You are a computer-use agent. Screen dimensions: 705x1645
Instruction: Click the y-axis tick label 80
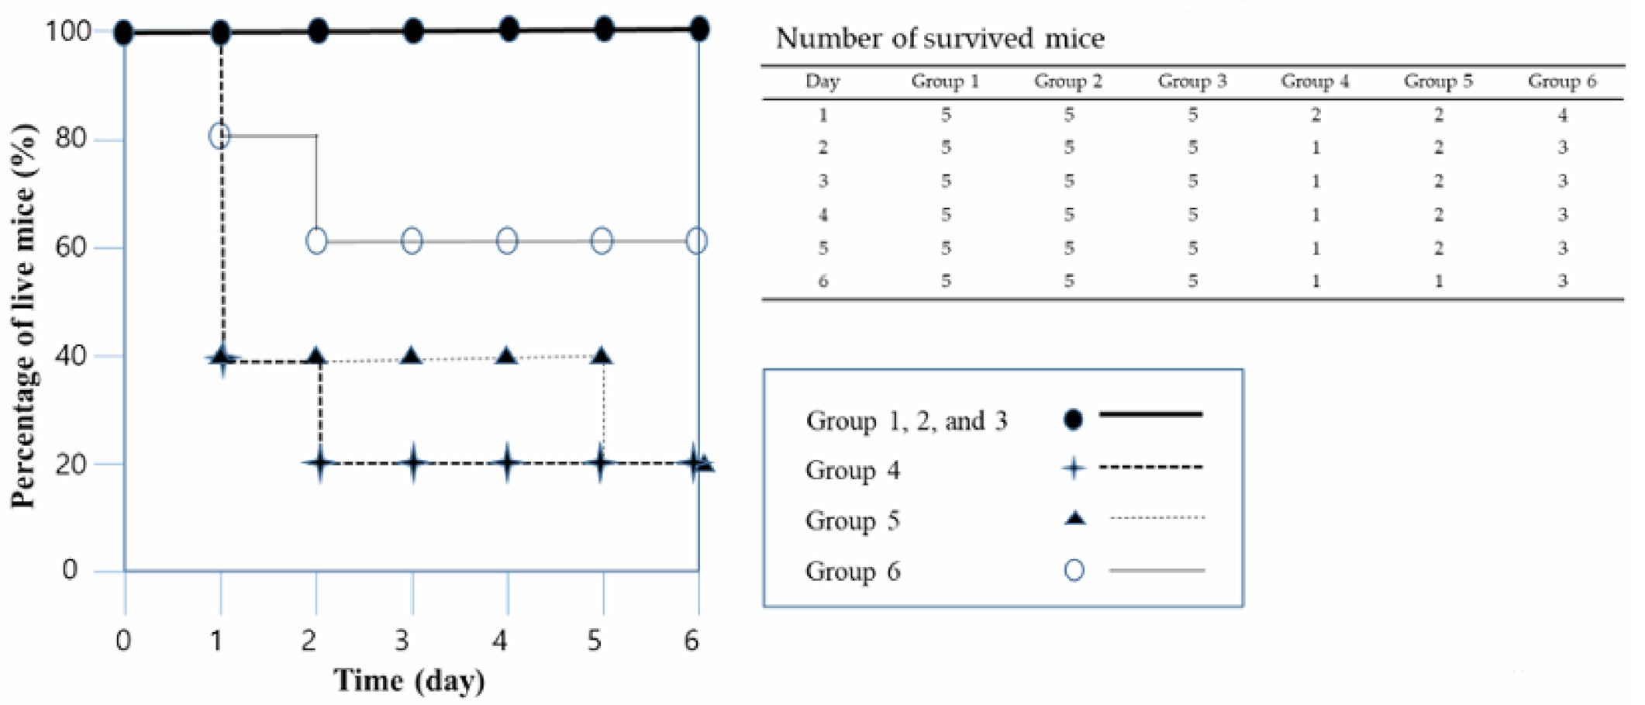click(x=71, y=139)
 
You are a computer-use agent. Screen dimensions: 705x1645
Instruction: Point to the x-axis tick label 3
click(x=402, y=641)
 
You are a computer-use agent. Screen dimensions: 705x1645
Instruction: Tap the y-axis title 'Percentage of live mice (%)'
click(x=23, y=316)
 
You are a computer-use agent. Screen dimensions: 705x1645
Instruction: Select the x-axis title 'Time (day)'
click(x=409, y=681)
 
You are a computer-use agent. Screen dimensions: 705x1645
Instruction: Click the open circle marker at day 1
click(x=220, y=136)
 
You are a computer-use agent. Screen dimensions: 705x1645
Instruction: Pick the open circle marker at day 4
click(x=507, y=241)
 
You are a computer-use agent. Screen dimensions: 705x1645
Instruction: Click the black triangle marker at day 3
click(x=412, y=357)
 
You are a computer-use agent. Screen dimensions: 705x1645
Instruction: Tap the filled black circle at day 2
click(x=318, y=32)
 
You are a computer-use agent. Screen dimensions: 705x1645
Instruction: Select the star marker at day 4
click(x=507, y=464)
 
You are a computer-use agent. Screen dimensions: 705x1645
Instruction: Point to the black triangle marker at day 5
click(x=602, y=357)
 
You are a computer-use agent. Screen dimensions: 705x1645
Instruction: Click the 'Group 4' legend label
click(x=853, y=470)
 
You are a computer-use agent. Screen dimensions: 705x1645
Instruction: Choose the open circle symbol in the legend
click(x=1074, y=571)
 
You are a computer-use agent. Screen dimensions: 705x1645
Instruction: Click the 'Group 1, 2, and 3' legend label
click(x=906, y=421)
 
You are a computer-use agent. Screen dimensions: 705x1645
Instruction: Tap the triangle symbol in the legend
click(x=1074, y=519)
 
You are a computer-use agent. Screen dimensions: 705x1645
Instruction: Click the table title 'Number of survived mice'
click(x=940, y=38)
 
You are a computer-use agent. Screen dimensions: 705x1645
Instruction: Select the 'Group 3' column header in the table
click(x=1192, y=81)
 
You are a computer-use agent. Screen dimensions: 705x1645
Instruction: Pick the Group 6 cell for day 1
click(x=1562, y=116)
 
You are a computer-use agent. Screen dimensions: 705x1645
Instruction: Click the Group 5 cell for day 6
click(x=1439, y=281)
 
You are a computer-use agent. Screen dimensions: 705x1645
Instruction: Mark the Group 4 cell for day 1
click(x=1316, y=116)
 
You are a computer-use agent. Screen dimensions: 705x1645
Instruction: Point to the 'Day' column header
click(x=822, y=81)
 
